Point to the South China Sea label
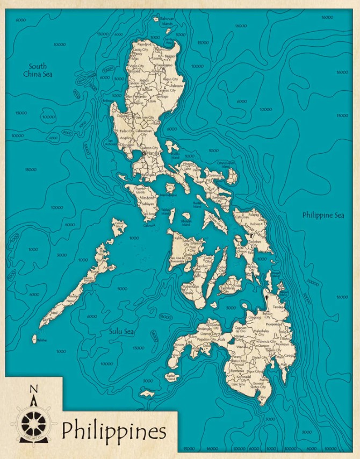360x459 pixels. tap(38, 70)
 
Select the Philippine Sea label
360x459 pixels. tap(323, 215)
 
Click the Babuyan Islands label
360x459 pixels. tap(167, 21)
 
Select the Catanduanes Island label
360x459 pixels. tap(226, 164)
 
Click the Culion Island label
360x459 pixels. tap(119, 225)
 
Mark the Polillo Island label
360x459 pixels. tap(175, 155)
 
